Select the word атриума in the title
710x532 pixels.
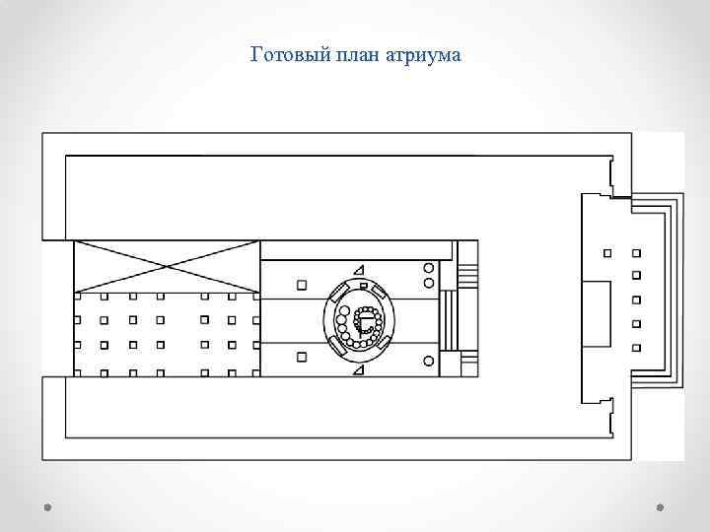coord(426,54)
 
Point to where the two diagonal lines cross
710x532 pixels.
coord(166,266)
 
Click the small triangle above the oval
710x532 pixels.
coord(359,270)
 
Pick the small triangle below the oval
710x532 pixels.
coord(359,369)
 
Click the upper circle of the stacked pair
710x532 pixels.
coord(428,268)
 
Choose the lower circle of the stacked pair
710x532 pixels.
coord(428,283)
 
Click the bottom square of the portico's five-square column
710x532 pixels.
coord(636,346)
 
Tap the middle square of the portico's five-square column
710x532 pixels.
coord(636,299)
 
